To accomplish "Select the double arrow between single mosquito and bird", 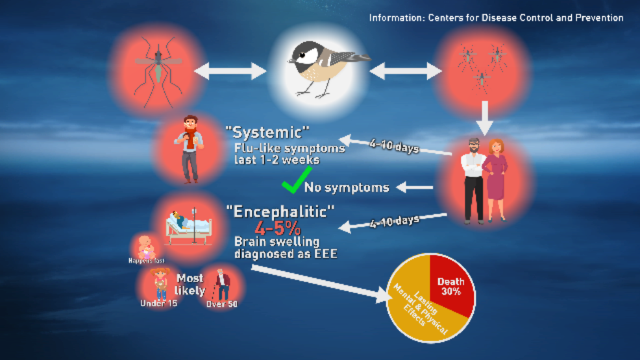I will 230,70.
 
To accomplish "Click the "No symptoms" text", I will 347,188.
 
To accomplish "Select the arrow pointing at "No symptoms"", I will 414,187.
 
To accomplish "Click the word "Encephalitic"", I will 280,211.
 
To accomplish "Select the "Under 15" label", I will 158,304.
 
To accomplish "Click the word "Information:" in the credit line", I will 397,18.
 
